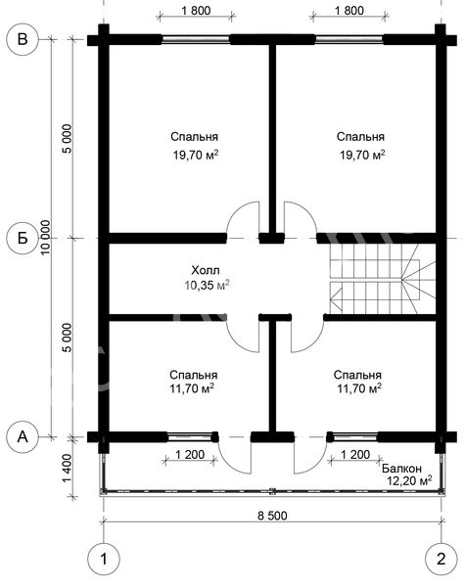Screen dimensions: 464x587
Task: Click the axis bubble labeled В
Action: click(23, 40)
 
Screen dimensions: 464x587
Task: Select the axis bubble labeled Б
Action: click(23, 238)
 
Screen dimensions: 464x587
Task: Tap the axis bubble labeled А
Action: click(23, 436)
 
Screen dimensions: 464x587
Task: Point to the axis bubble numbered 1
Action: click(104, 559)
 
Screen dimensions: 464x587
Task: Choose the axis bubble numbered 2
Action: click(441, 559)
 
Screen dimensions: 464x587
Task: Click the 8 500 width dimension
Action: click(272, 516)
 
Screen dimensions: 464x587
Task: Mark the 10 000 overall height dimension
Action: click(46, 238)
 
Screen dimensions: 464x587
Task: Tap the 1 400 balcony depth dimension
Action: click(67, 469)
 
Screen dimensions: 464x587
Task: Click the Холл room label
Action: click(206, 270)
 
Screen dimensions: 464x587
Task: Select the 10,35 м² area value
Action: click(207, 286)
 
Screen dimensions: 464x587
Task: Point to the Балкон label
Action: click(401, 469)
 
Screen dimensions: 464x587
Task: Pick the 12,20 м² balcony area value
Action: click(410, 480)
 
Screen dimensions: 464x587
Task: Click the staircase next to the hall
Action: click(383, 279)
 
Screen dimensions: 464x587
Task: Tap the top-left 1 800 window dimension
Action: click(196, 11)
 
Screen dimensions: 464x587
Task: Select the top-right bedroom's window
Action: click(349, 40)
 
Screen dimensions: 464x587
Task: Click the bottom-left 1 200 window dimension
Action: click(190, 455)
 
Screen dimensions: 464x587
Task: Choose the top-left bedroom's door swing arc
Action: click(238, 212)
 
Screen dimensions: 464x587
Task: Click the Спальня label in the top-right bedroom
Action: click(360, 137)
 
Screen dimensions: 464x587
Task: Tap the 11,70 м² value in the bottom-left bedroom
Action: click(192, 389)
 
